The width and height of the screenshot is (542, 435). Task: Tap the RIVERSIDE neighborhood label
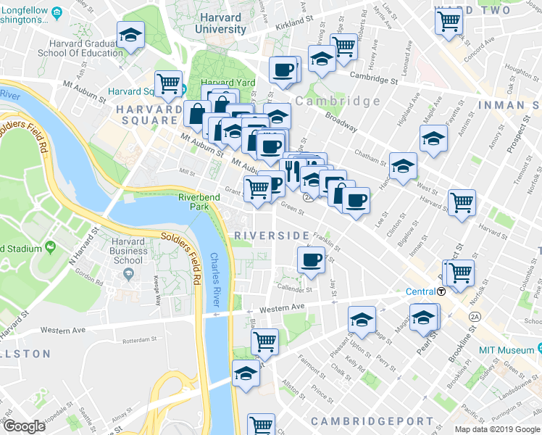[272, 236]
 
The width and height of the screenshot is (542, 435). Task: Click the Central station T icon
[441, 291]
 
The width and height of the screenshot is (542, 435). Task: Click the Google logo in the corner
[24, 426]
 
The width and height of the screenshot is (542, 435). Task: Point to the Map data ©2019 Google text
[497, 429]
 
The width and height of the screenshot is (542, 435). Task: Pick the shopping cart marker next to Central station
[459, 273]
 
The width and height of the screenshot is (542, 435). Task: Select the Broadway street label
[341, 120]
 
